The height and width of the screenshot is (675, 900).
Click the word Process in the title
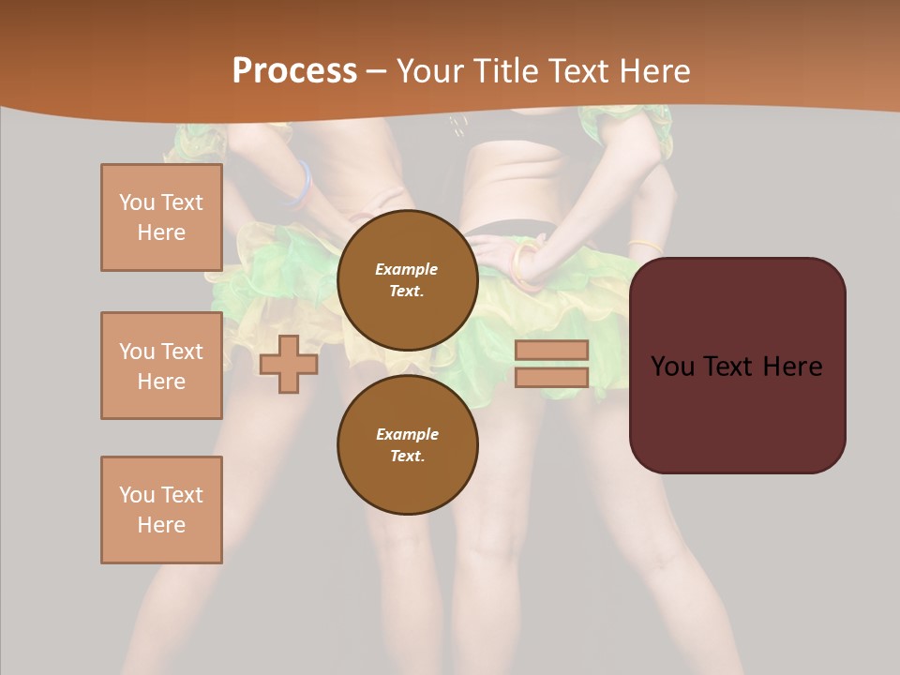pyautogui.click(x=294, y=71)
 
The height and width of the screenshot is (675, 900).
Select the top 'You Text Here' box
pyautogui.click(x=161, y=217)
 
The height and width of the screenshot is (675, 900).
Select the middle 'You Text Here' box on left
pyautogui.click(x=161, y=366)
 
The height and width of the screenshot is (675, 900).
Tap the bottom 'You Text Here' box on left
pyautogui.click(x=161, y=510)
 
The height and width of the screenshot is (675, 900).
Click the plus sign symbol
pyautogui.click(x=289, y=364)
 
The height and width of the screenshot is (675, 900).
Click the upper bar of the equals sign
pyautogui.click(x=551, y=350)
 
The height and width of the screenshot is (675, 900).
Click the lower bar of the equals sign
pyautogui.click(x=551, y=377)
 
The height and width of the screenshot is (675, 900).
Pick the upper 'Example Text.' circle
pyautogui.click(x=407, y=280)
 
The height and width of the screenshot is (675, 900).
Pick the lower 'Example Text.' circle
pyautogui.click(x=407, y=444)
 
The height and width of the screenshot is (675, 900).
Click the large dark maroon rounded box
pyautogui.click(x=737, y=366)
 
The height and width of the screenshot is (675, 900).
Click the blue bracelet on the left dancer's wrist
pyautogui.click(x=302, y=184)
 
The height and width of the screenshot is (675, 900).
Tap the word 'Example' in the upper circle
pyautogui.click(x=407, y=269)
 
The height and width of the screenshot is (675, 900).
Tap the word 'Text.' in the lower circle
pyautogui.click(x=407, y=456)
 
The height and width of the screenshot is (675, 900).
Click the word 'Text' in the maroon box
pyautogui.click(x=737, y=367)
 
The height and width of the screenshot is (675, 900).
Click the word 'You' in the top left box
pyautogui.click(x=137, y=202)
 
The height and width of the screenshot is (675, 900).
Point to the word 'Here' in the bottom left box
pyautogui.click(x=161, y=525)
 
